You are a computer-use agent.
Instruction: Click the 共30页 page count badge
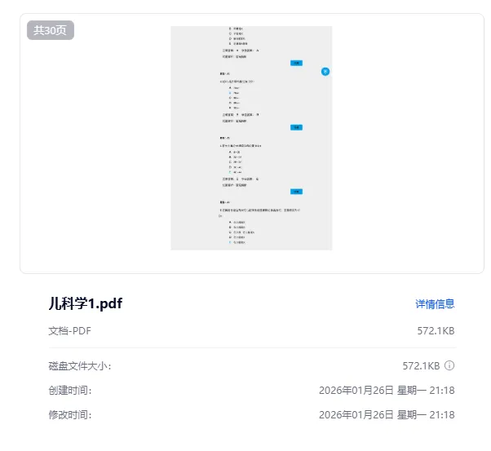click(x=51, y=30)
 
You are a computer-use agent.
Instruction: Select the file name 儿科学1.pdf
click(x=86, y=304)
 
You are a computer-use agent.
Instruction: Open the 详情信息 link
click(x=435, y=304)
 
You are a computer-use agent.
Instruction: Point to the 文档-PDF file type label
click(x=69, y=331)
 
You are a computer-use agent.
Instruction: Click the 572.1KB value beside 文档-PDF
click(x=436, y=331)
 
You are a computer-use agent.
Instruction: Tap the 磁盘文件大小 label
click(x=79, y=366)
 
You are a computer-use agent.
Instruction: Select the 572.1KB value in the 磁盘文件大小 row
click(x=421, y=366)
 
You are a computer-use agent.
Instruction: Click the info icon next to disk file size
click(x=449, y=366)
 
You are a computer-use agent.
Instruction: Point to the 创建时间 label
click(x=70, y=391)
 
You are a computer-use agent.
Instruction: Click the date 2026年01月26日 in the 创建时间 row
click(x=356, y=391)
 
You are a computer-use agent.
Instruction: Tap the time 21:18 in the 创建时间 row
click(x=441, y=391)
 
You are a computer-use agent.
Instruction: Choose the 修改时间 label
click(x=70, y=415)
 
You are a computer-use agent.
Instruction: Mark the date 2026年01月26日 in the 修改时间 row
click(x=356, y=415)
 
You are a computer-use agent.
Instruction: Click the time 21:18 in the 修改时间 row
click(x=441, y=415)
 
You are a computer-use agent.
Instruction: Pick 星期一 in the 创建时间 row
click(x=410, y=391)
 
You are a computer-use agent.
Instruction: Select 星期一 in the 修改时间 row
click(x=410, y=415)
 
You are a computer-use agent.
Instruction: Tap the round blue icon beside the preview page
click(x=325, y=72)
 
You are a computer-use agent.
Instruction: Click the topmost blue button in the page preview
click(x=297, y=63)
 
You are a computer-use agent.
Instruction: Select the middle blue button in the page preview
click(x=297, y=127)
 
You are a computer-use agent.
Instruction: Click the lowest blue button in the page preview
click(x=297, y=192)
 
